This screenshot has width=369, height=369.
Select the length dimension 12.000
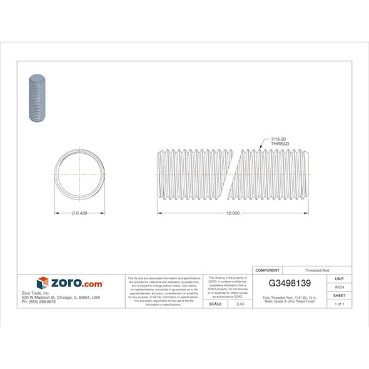[x=232, y=214]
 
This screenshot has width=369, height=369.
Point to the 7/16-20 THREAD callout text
[x=280, y=141]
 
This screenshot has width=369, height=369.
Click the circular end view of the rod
[x=79, y=173]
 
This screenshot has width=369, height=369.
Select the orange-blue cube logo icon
[x=43, y=283]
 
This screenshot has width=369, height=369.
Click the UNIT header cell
[x=339, y=278]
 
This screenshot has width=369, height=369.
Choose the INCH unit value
[x=339, y=287]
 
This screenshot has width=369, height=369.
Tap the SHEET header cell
[x=339, y=295]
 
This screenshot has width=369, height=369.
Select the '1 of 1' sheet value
[x=339, y=304]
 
